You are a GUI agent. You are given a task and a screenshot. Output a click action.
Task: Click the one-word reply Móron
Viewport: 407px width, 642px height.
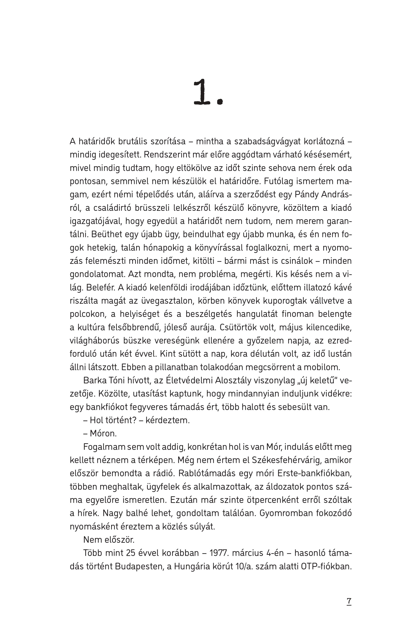(x=103, y=433)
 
